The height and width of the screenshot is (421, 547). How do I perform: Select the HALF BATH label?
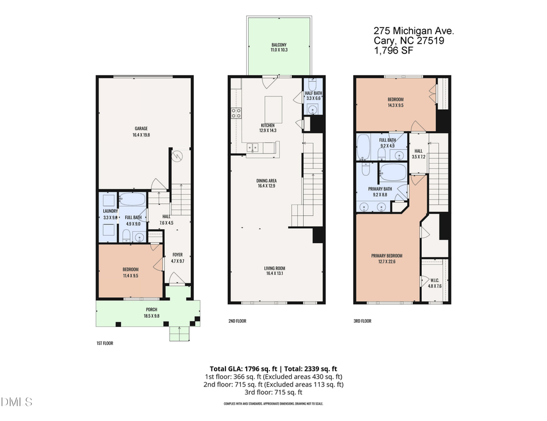(x=313, y=92)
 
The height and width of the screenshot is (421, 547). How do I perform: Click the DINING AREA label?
(x=267, y=180)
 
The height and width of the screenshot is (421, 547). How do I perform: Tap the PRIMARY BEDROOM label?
(x=387, y=255)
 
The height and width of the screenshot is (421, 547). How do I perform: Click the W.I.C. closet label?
(x=435, y=280)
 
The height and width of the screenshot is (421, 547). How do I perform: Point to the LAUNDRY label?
(x=109, y=211)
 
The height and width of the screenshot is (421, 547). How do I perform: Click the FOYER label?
(x=177, y=255)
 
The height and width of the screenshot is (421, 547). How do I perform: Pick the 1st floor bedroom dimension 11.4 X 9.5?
(x=130, y=275)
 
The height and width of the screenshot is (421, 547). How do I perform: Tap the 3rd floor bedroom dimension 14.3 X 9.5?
(x=395, y=105)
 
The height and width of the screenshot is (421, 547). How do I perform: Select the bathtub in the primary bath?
(x=393, y=172)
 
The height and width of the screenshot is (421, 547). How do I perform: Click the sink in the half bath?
(x=312, y=110)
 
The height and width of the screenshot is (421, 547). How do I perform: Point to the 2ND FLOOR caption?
(x=238, y=321)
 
